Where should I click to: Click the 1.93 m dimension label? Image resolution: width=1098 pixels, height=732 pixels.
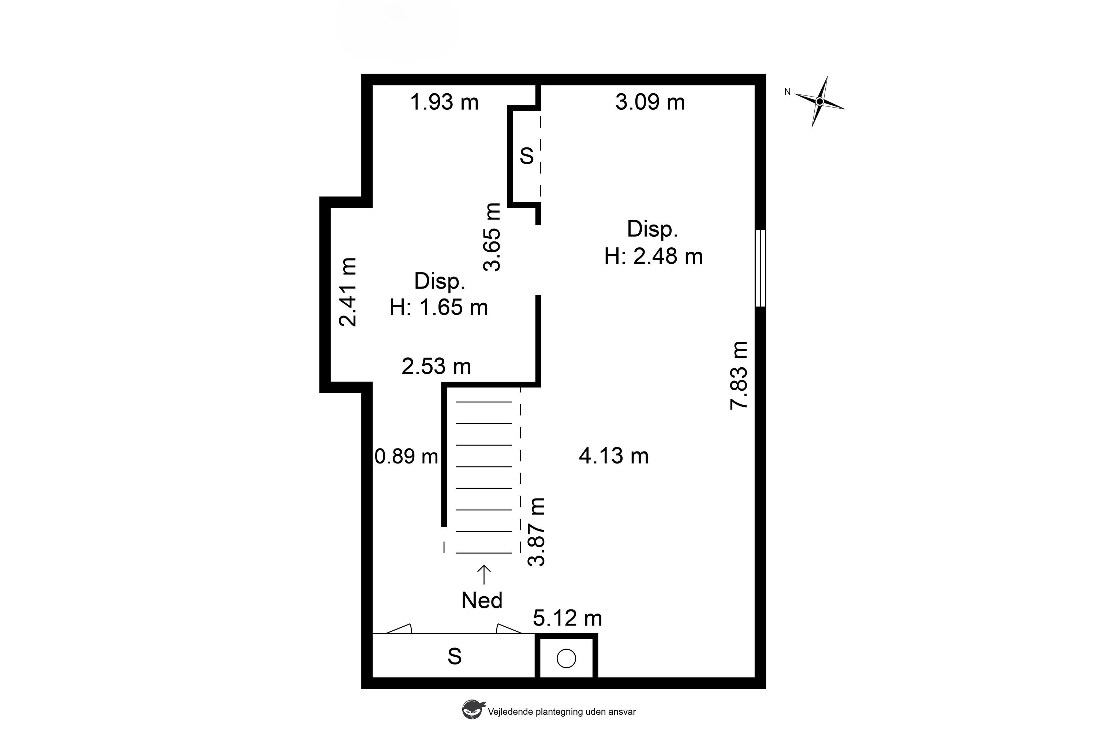tap(444, 102)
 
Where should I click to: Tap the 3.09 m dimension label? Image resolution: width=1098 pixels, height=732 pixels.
tap(650, 102)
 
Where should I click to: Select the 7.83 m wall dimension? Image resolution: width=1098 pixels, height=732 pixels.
tap(739, 375)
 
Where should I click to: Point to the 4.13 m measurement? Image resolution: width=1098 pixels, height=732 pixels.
tap(614, 456)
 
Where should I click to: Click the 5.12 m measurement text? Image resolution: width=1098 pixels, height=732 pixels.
tap(567, 618)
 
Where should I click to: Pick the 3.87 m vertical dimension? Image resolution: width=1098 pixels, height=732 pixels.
tap(536, 532)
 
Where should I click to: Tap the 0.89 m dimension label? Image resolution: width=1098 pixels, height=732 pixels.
tap(406, 456)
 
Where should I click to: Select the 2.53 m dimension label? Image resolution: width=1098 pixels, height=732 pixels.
tap(436, 367)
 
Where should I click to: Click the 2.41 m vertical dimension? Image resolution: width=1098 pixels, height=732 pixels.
tap(347, 292)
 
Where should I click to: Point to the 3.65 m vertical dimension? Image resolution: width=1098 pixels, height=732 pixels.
tap(492, 237)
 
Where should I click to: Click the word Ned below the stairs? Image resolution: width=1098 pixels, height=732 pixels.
tap(482, 600)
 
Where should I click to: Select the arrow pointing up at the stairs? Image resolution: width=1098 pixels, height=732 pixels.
tap(484, 575)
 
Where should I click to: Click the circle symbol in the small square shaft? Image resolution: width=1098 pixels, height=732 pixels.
tap(566, 658)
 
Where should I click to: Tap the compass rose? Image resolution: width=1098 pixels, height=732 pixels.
tap(819, 101)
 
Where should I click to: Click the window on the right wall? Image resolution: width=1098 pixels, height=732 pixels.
tap(760, 268)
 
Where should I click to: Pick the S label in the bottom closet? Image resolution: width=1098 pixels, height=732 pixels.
tap(455, 656)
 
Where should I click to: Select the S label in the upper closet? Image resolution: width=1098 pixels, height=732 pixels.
tap(526, 155)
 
